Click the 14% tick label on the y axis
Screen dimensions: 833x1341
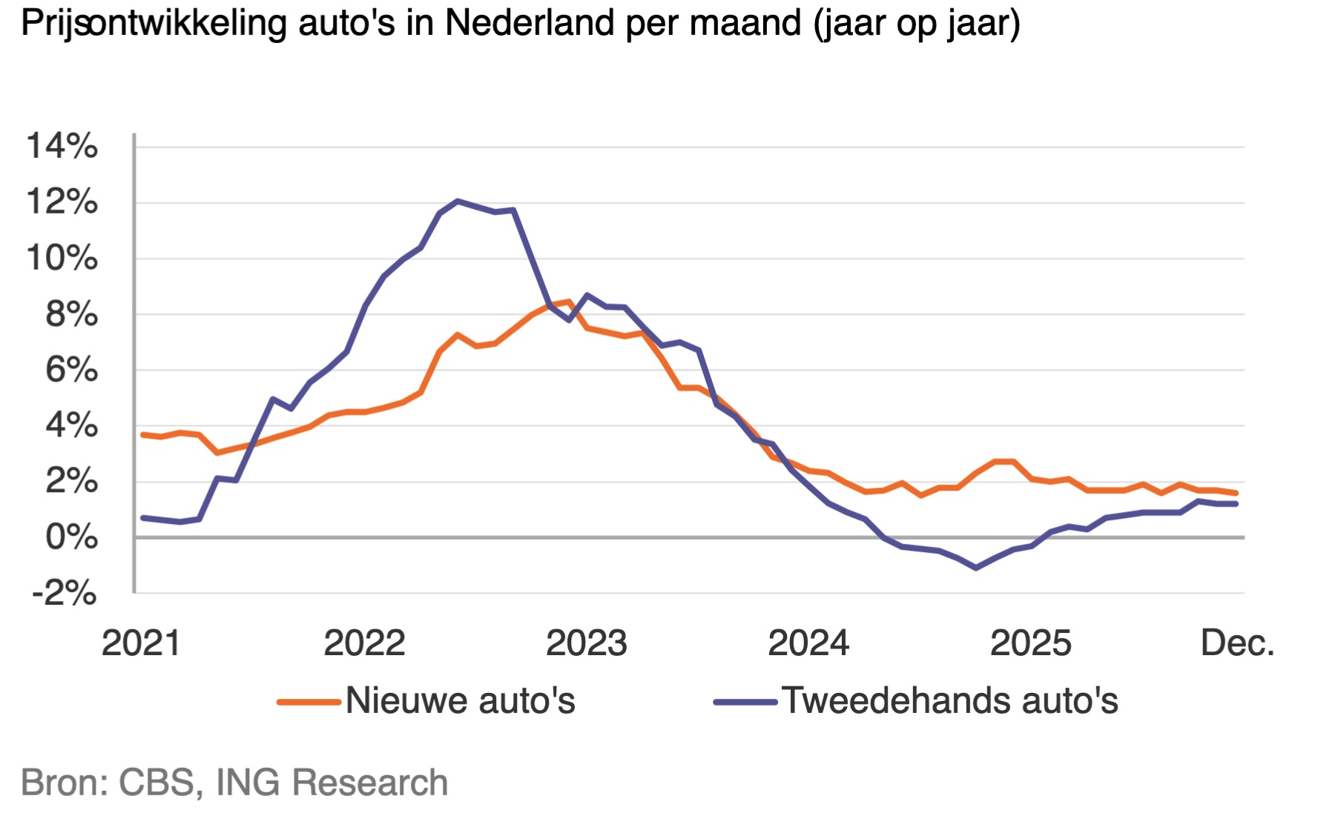point(62,146)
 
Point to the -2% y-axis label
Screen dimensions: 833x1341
point(64,593)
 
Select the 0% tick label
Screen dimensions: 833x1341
point(71,537)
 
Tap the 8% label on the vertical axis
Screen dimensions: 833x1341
point(71,314)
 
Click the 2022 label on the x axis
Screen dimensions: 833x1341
point(364,643)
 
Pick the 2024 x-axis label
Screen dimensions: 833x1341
point(808,643)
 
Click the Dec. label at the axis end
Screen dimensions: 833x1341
point(1236,643)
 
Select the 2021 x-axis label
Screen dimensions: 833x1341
point(141,643)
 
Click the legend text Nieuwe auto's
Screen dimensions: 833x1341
point(460,700)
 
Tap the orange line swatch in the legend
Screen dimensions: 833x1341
point(309,701)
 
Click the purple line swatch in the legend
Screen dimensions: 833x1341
point(745,701)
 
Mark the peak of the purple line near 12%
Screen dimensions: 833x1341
point(458,201)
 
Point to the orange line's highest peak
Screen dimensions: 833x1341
point(569,302)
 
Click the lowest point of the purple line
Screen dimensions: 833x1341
point(975,568)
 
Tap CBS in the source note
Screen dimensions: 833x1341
point(160,783)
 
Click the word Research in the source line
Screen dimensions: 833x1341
point(370,783)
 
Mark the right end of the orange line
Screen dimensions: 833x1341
point(1236,493)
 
